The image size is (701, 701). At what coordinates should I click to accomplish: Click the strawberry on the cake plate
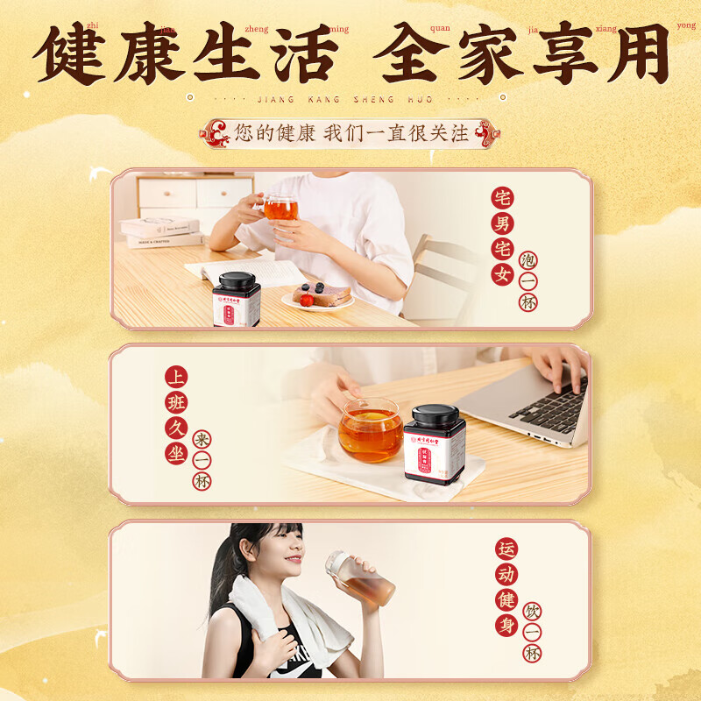click(x=306, y=300)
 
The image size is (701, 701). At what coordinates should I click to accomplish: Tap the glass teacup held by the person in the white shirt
click(x=280, y=209)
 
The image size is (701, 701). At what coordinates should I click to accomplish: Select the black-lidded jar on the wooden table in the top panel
click(x=237, y=300)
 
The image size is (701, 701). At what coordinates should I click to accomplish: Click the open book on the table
click(x=245, y=271)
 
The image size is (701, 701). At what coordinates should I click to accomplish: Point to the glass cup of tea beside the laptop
click(x=371, y=430)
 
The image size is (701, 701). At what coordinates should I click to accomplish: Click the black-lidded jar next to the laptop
click(x=435, y=443)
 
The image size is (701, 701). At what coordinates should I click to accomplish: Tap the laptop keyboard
click(x=549, y=407)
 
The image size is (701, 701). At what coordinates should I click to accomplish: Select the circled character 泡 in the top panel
click(x=528, y=260)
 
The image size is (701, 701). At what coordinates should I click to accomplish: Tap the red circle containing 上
click(x=176, y=377)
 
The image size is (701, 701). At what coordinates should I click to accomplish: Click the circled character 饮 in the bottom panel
click(x=532, y=612)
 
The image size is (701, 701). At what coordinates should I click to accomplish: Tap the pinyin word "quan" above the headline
click(x=441, y=28)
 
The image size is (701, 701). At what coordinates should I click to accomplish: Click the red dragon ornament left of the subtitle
click(x=216, y=134)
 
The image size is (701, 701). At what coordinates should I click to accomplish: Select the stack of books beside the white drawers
click(x=161, y=232)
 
